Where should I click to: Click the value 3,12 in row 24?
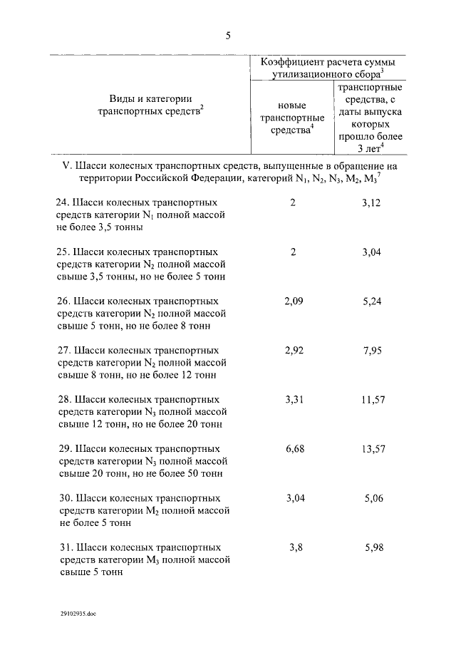coord(373,203)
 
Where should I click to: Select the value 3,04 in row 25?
coord(373,252)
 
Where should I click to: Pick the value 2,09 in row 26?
coord(294,301)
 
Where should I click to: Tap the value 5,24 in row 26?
coord(373,301)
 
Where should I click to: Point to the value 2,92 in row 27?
coord(294,351)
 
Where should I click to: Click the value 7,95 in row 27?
coord(373,351)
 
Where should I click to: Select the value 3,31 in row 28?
coord(294,400)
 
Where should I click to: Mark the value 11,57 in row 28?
coord(373,400)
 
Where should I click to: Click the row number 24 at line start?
coord(62,203)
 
